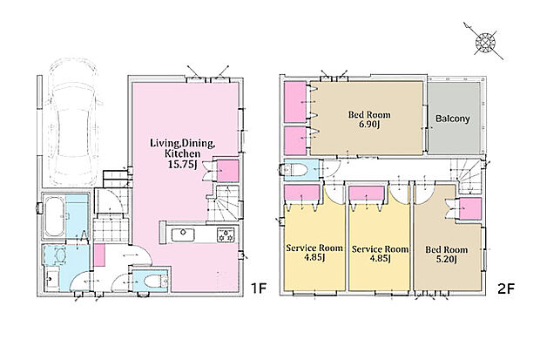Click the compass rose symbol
click(485, 43)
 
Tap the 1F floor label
click(259, 289)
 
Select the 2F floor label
click(506, 289)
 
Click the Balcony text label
click(453, 119)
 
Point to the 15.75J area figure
click(182, 165)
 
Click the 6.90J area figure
click(369, 125)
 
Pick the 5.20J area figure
click(446, 259)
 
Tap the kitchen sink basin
click(183, 235)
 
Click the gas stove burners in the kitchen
click(226, 235)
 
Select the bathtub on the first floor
click(54, 216)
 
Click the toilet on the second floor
click(294, 170)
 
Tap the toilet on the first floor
click(155, 281)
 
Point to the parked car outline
click(73, 122)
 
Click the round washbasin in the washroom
click(60, 256)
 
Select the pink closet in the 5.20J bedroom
click(470, 208)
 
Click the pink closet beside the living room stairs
click(227, 171)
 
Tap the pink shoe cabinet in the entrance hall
click(99, 255)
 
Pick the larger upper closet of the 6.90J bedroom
click(295, 102)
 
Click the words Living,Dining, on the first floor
click(183, 143)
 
